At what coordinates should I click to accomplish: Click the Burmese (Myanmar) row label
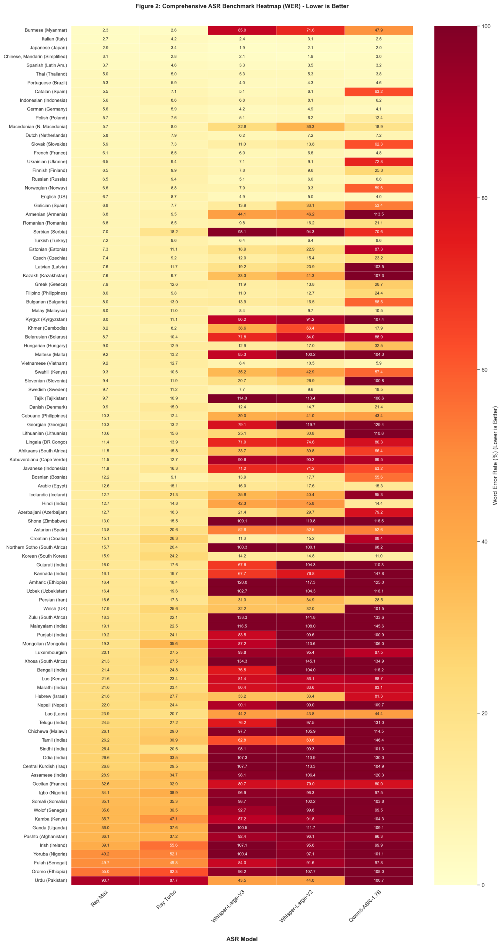(46, 30)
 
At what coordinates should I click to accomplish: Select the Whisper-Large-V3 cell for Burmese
(242, 30)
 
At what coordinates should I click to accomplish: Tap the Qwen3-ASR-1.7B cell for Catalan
(378, 92)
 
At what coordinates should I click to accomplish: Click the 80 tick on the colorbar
(484, 198)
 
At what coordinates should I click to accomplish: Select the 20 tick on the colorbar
(484, 713)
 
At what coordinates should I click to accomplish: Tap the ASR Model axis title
(242, 939)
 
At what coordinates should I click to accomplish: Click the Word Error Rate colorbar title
(495, 455)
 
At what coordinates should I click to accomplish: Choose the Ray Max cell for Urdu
(105, 880)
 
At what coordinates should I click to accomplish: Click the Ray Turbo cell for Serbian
(173, 232)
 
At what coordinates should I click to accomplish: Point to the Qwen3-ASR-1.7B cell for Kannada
(378, 574)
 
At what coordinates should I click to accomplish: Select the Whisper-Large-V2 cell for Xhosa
(310, 661)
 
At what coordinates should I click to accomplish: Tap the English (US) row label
(54, 197)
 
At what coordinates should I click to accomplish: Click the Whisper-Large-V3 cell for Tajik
(242, 398)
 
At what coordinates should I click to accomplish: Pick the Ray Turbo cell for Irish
(173, 845)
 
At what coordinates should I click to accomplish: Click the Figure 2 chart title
(242, 6)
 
